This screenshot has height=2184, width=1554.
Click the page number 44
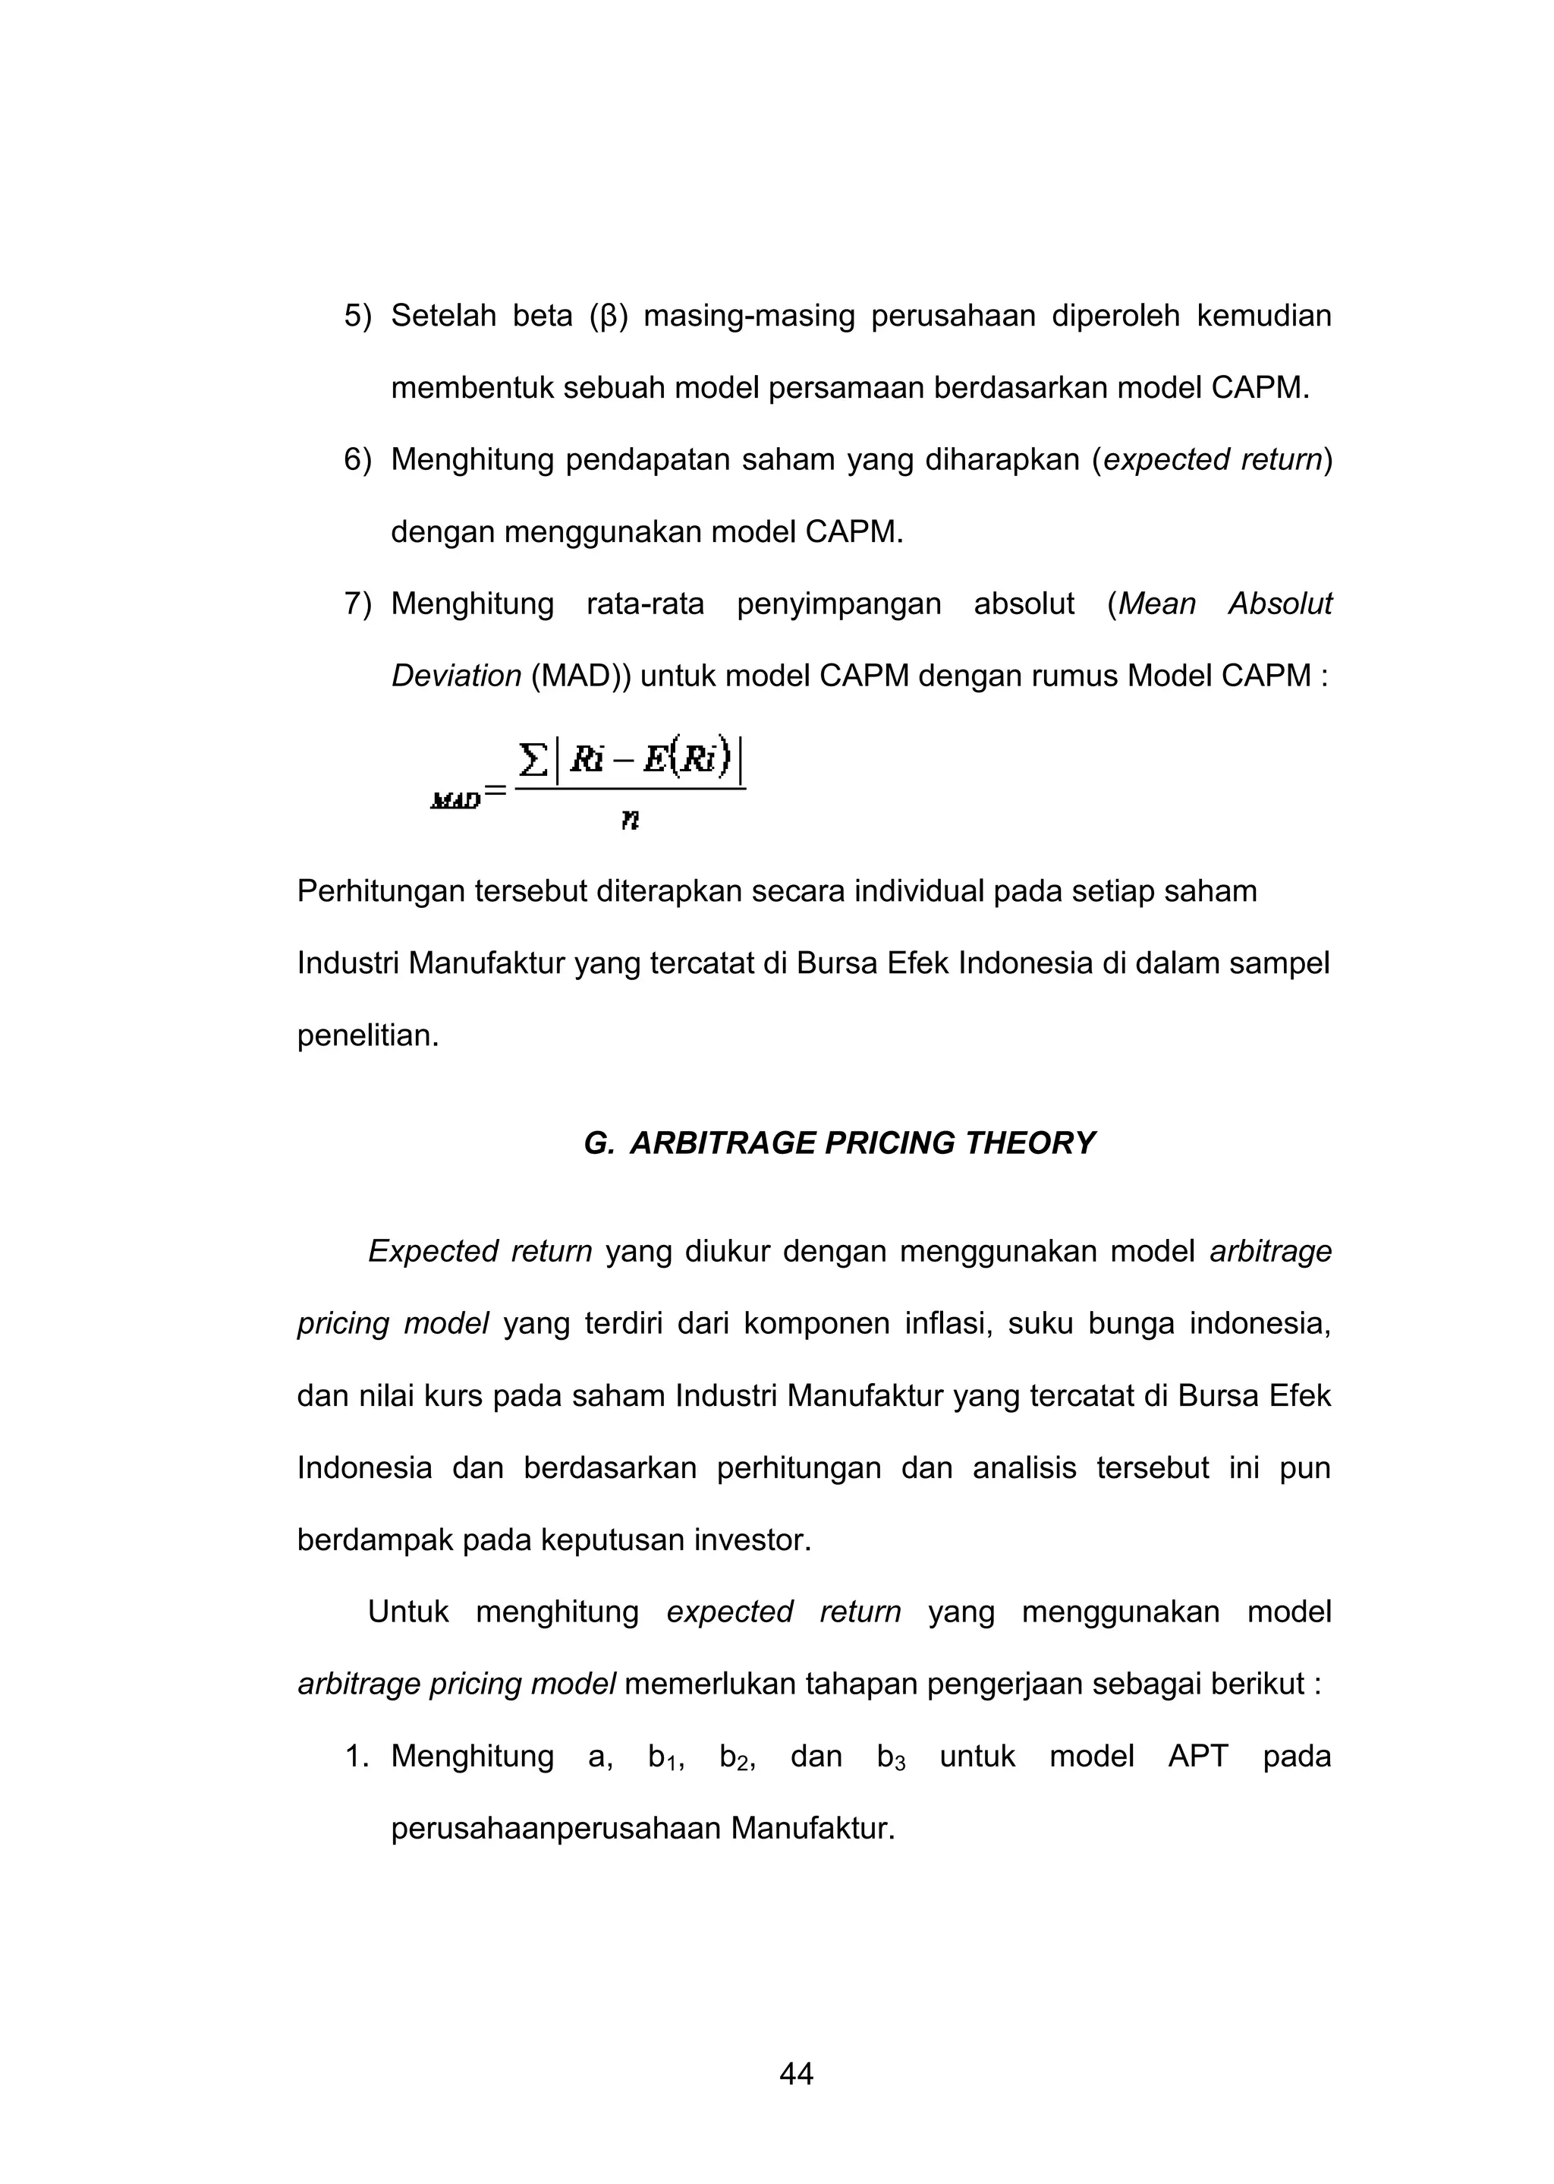point(796,2074)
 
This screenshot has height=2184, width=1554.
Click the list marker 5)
point(358,316)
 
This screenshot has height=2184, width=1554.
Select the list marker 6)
point(358,460)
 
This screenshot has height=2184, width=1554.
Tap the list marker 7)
point(358,604)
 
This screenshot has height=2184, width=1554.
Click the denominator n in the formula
point(630,819)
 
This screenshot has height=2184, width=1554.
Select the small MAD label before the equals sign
point(455,801)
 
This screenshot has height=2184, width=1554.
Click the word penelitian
point(367,1035)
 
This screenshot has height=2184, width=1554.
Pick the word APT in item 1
point(1197,1756)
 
